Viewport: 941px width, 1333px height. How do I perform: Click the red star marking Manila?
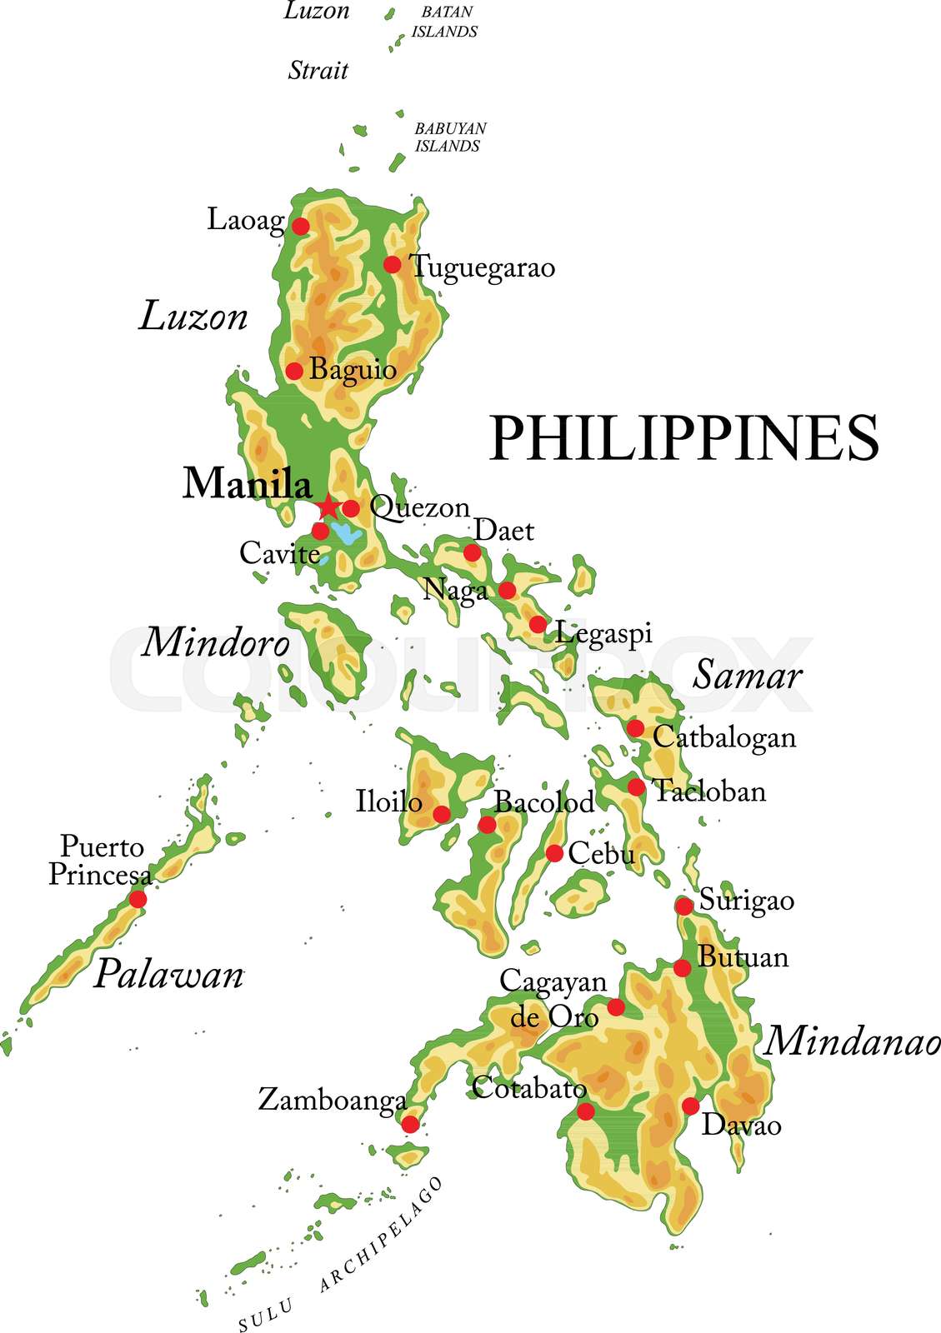tap(328, 507)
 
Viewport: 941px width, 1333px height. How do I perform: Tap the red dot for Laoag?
tap(300, 226)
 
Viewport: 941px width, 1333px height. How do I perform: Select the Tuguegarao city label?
tap(483, 267)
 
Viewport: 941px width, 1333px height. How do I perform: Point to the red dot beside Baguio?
tap(294, 371)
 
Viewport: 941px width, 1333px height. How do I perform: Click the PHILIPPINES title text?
tap(683, 438)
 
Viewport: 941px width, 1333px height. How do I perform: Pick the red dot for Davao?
tap(690, 1106)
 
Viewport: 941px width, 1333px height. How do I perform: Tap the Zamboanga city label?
tap(332, 1101)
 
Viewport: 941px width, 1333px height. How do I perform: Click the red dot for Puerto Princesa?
tap(138, 899)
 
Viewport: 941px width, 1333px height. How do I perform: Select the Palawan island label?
tap(168, 974)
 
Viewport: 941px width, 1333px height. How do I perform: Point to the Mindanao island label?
tap(852, 1041)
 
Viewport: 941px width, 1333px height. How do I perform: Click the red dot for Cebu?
tap(554, 852)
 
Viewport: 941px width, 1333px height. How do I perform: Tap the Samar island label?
tap(747, 675)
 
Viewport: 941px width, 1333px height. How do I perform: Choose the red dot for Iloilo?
tap(442, 814)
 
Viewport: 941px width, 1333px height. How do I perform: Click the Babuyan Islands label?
tap(450, 137)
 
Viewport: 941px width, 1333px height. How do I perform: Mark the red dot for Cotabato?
tap(586, 1111)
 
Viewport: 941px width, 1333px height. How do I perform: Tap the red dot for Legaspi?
tap(538, 624)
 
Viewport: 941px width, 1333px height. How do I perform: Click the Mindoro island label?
tap(216, 642)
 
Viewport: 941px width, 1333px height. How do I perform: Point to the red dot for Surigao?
tap(683, 906)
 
